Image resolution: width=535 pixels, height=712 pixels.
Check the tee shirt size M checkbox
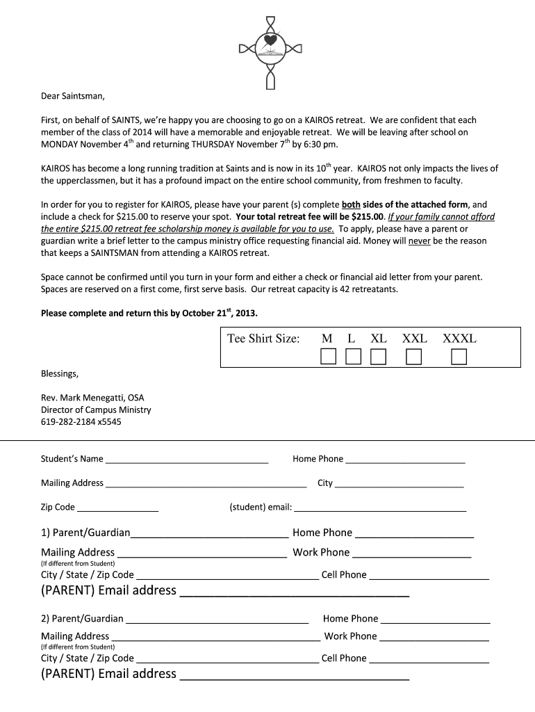[x=328, y=357]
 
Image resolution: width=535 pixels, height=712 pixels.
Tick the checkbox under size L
[x=353, y=357]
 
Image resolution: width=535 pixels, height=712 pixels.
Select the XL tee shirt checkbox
[x=378, y=357]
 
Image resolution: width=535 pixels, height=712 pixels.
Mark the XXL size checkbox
[x=414, y=357]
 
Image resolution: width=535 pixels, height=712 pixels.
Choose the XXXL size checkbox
[x=459, y=357]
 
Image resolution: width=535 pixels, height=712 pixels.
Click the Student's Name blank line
[x=186, y=460]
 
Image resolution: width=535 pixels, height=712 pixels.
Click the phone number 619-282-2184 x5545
[x=81, y=421]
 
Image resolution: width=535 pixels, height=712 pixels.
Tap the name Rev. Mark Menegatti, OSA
[x=92, y=398]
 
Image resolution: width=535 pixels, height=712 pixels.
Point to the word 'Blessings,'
[x=60, y=373]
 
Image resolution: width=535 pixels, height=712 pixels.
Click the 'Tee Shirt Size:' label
[x=263, y=339]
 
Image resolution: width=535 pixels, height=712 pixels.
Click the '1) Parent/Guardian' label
[x=85, y=533]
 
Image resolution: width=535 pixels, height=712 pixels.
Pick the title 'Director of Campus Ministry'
[x=96, y=410]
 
